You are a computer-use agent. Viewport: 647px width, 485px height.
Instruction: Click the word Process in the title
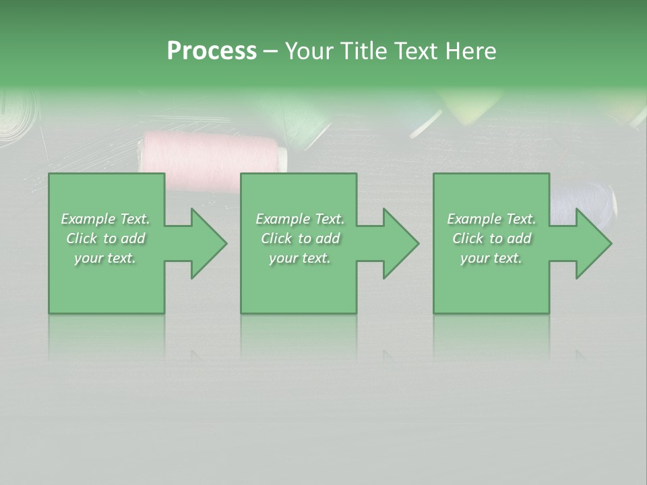[x=212, y=51]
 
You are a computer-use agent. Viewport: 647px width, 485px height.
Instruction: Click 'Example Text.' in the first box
[x=105, y=219]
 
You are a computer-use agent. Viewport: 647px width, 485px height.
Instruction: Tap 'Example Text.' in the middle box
[x=300, y=219]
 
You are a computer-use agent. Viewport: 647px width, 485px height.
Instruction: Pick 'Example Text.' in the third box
[x=491, y=219]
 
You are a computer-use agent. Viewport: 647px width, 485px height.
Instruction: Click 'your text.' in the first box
[x=105, y=258]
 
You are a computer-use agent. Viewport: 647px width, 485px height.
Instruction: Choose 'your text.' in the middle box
[x=300, y=258]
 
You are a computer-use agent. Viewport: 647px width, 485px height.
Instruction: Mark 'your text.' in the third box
[x=491, y=258]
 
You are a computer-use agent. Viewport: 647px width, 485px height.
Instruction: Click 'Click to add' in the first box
[x=105, y=238]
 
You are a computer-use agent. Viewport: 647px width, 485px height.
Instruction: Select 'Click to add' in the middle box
[x=300, y=238]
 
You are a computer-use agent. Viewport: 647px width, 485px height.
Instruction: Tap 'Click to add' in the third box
[x=491, y=238]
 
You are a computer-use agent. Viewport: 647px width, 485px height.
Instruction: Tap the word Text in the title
[x=416, y=51]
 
